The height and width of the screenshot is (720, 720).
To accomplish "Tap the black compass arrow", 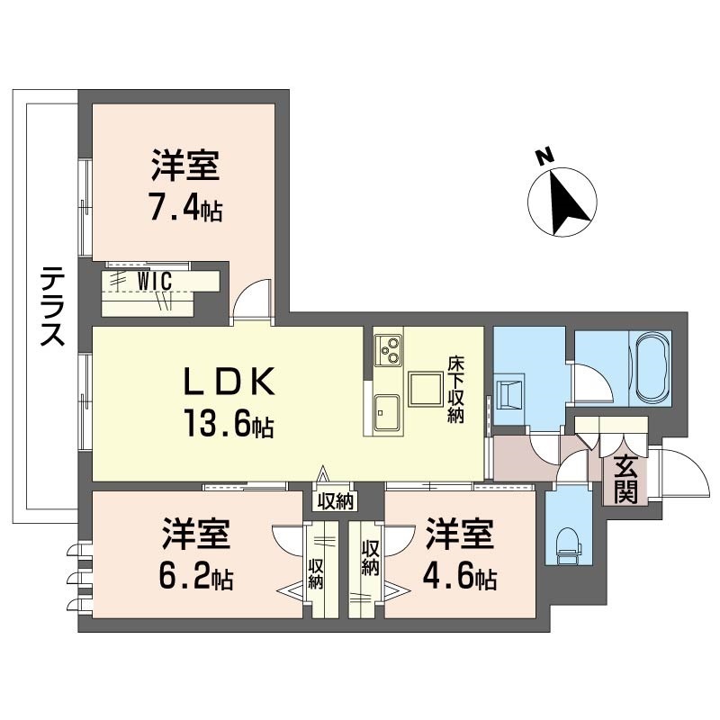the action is pyautogui.click(x=567, y=202).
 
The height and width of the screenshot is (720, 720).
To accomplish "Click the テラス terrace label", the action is pyautogui.click(x=52, y=306).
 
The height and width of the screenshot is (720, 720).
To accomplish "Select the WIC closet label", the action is pyautogui.click(x=155, y=282).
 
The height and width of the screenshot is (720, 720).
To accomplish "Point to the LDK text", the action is pyautogui.click(x=229, y=381).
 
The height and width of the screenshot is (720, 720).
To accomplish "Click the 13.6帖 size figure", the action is pyautogui.click(x=229, y=423).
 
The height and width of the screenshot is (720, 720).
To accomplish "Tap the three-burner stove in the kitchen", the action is pyautogui.click(x=388, y=350).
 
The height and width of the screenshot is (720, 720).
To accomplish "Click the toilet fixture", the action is pyautogui.click(x=568, y=545).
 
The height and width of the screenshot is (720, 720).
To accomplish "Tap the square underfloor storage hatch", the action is pyautogui.click(x=426, y=389).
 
